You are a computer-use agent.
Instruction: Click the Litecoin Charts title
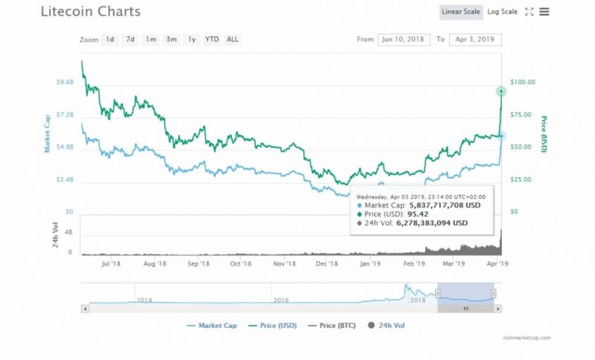click(x=90, y=12)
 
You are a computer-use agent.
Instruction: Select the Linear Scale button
click(x=461, y=12)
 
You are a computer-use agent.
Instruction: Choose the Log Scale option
click(x=502, y=12)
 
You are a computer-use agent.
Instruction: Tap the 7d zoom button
click(x=130, y=39)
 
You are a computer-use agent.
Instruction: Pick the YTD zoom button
click(x=212, y=39)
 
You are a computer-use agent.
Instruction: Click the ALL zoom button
click(x=233, y=39)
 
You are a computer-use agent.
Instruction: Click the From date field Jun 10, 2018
click(x=404, y=39)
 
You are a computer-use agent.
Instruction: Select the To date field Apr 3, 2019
click(x=475, y=39)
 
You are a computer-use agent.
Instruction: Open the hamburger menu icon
click(x=544, y=12)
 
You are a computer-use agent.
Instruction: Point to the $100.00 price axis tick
click(x=524, y=82)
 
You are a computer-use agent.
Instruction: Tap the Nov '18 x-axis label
click(x=285, y=263)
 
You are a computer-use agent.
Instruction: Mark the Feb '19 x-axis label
click(x=414, y=263)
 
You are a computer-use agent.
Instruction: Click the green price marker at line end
click(x=502, y=91)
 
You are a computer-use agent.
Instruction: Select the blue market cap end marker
click(x=502, y=136)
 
